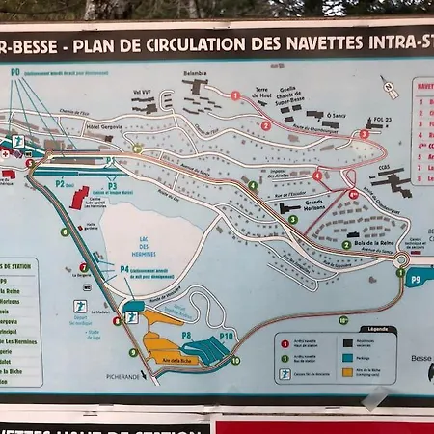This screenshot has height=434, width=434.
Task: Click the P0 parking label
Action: pyautogui.click(x=15, y=72)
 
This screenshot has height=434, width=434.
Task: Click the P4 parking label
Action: pyautogui.click(x=123, y=270)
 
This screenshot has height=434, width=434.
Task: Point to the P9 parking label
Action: pyautogui.click(x=416, y=279)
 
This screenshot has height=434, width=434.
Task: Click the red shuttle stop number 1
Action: pyautogui.click(x=235, y=95)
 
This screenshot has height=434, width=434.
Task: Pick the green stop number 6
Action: pyautogui.click(x=65, y=231)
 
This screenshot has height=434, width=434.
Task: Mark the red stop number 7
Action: pyautogui.click(x=84, y=267)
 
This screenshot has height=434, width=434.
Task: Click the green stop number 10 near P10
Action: pyautogui.click(x=235, y=361)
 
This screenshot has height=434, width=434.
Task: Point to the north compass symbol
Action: pyautogui.click(x=389, y=88)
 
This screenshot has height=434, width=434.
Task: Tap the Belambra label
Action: pyautogui.click(x=196, y=73)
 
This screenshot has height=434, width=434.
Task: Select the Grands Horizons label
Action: pyautogui.click(x=314, y=205)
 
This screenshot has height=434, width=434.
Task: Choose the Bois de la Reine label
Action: pyautogui.click(x=375, y=245)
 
